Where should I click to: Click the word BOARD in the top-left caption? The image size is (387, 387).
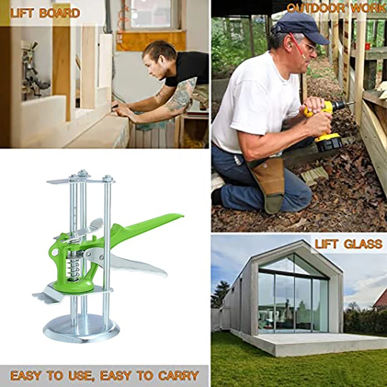(x=60, y=13)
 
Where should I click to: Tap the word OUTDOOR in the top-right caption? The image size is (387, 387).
(x=316, y=8)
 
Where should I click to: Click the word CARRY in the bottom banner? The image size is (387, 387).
(x=179, y=375)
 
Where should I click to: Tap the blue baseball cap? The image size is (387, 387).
(x=300, y=27)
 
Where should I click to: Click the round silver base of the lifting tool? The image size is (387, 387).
(x=81, y=328)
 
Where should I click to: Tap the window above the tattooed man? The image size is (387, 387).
(x=150, y=15)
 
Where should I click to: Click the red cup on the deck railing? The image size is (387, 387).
(x=368, y=46)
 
